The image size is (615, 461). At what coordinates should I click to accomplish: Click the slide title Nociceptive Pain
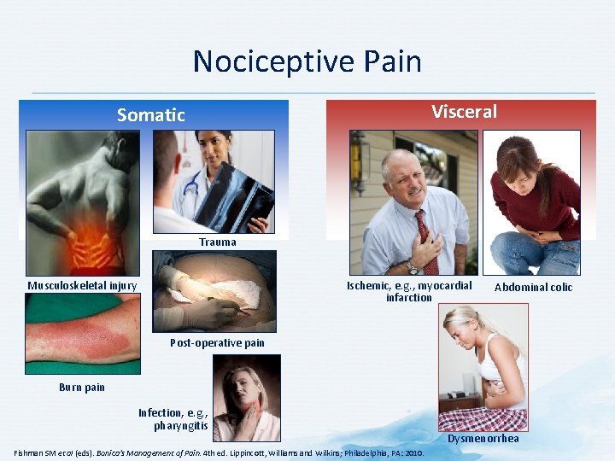(x=307, y=61)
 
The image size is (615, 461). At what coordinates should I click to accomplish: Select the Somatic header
(x=151, y=114)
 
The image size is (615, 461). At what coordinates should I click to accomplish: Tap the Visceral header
(x=464, y=112)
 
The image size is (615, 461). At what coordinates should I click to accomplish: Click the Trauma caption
(x=218, y=242)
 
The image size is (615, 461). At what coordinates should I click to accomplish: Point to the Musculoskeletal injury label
(x=82, y=285)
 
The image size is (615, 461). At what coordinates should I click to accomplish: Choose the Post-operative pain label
(x=217, y=343)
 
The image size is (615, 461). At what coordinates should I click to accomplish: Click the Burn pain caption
(x=82, y=387)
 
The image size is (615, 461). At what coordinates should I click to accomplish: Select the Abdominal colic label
(x=533, y=287)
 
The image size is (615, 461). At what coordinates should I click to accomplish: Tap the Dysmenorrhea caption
(x=483, y=439)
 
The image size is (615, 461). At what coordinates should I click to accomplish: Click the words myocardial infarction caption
(x=408, y=291)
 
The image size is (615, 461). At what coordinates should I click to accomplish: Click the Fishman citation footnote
(x=219, y=452)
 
